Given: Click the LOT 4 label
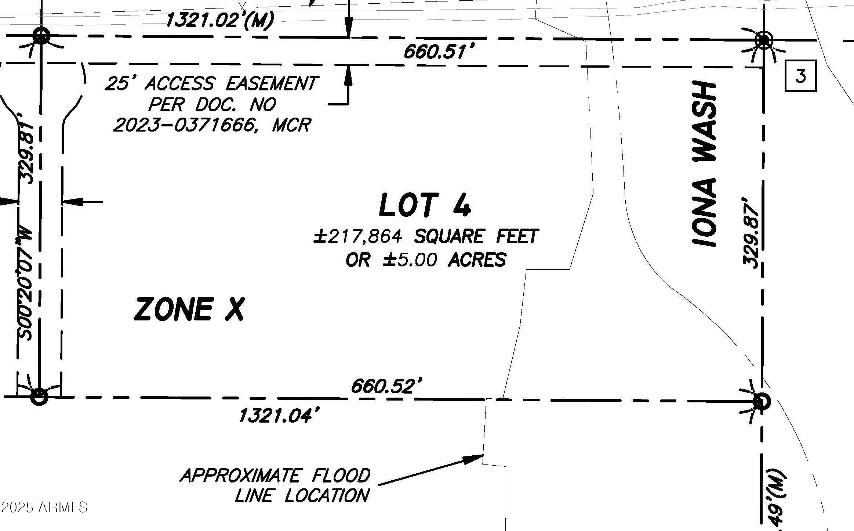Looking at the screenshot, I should (425, 205).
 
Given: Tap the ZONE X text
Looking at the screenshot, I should (189, 309).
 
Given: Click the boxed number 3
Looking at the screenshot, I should (801, 76).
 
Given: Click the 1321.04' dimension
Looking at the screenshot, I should (278, 416).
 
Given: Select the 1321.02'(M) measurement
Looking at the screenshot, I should (219, 20).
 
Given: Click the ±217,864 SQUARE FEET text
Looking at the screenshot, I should (426, 236).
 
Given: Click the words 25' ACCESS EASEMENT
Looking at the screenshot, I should (211, 83).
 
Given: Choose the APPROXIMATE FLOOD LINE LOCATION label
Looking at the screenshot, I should (275, 485).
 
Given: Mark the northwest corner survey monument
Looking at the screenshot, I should (41, 36).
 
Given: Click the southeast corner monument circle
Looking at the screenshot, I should (761, 402).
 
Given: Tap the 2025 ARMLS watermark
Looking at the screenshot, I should (44, 507).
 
